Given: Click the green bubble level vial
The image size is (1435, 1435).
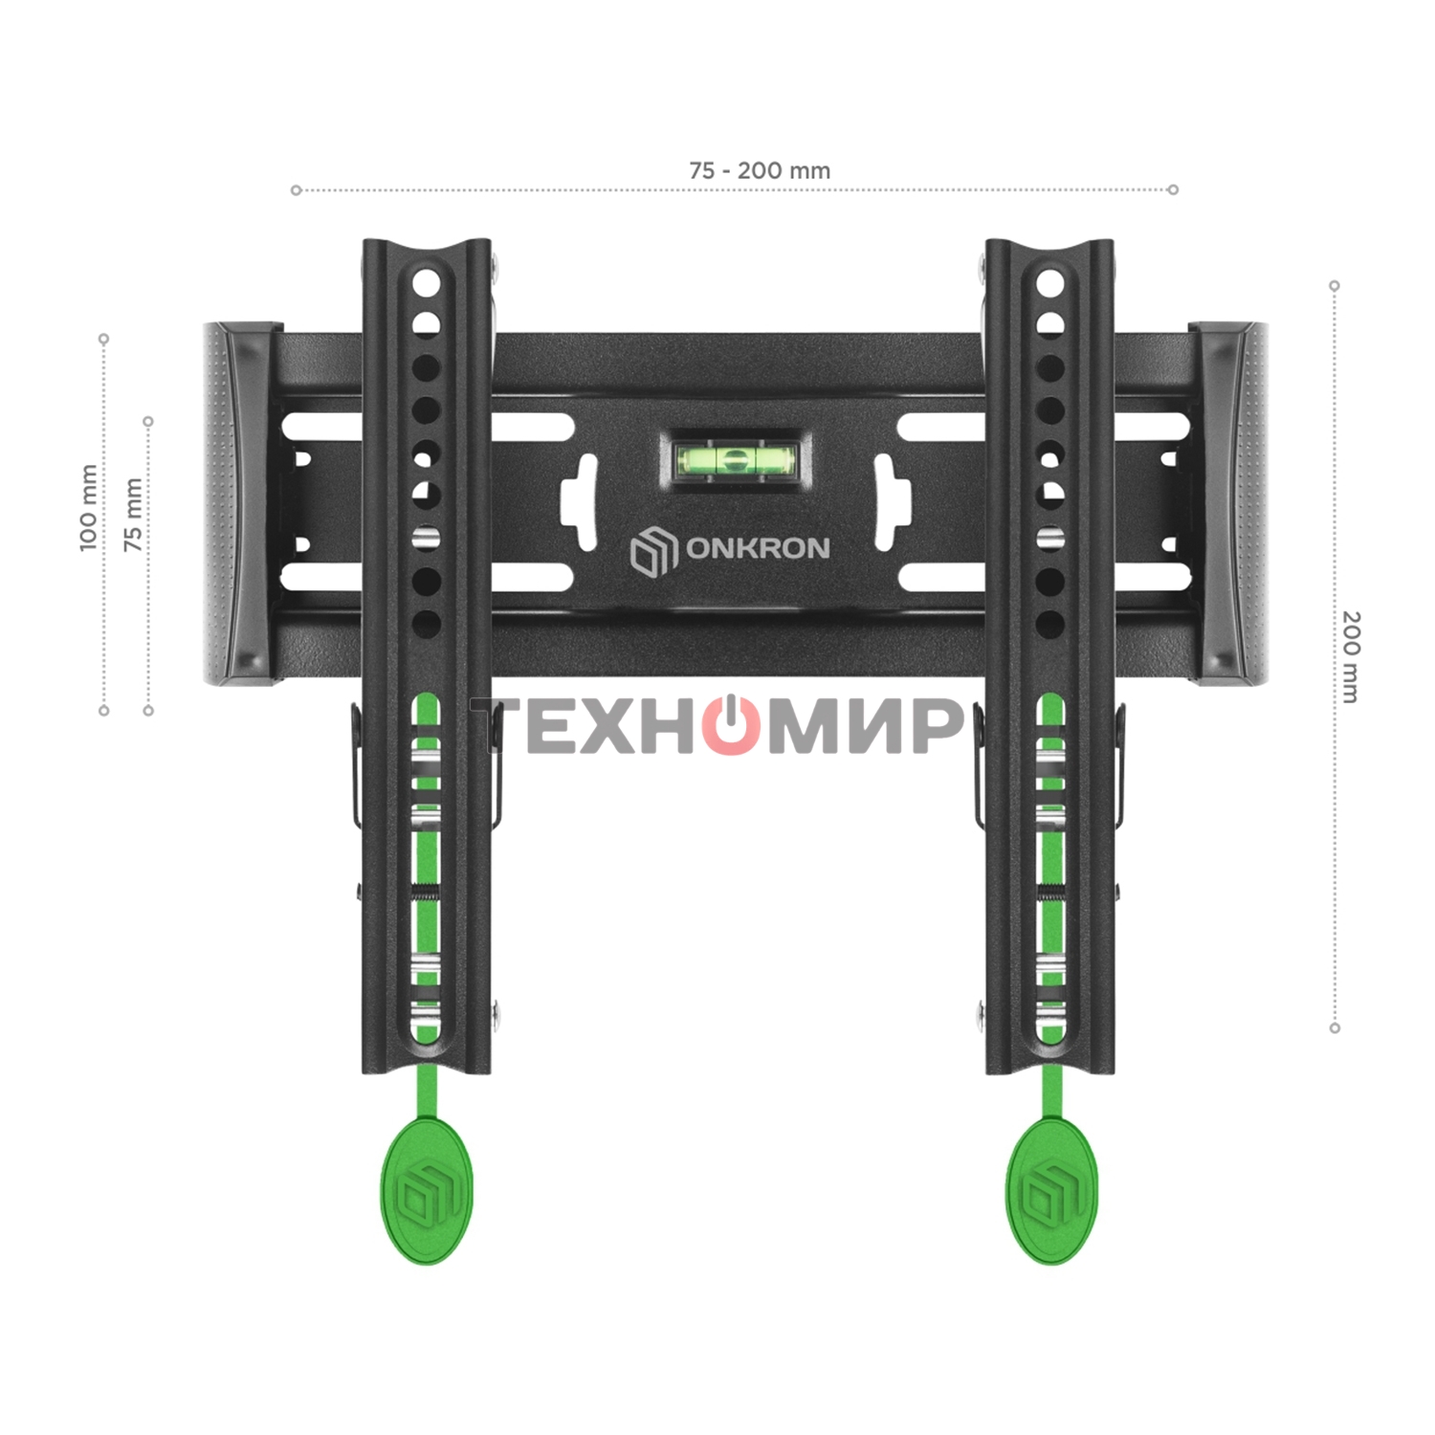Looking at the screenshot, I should (735, 460).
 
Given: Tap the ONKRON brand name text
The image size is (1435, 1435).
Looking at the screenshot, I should (758, 548).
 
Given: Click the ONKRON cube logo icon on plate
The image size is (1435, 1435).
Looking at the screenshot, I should (653, 551).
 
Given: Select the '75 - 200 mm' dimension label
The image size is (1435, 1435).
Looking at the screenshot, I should (760, 170).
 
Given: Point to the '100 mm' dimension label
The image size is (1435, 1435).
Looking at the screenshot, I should (88, 508).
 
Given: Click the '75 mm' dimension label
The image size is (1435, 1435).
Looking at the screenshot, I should (133, 515).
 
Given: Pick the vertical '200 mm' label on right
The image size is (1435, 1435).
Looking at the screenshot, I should (1350, 656).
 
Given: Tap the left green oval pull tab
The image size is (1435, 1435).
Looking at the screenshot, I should (427, 1192).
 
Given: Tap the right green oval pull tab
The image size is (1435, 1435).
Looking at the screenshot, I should (1050, 1192).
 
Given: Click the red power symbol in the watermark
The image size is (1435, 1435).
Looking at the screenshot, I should (732, 725).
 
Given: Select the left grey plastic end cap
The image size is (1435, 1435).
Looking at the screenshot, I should (239, 504).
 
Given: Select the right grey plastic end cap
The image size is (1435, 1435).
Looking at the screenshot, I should (1231, 504).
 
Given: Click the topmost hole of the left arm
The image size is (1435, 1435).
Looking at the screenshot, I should (426, 283).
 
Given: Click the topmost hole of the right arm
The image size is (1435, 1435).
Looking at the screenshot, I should (1049, 283).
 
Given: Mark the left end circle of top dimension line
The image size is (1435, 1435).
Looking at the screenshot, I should (297, 190).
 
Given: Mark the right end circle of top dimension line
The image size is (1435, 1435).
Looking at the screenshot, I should (1173, 189).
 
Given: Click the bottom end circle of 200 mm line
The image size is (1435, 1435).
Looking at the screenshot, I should (1335, 1028).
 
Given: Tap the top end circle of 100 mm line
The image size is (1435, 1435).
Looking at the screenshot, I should (104, 339).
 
